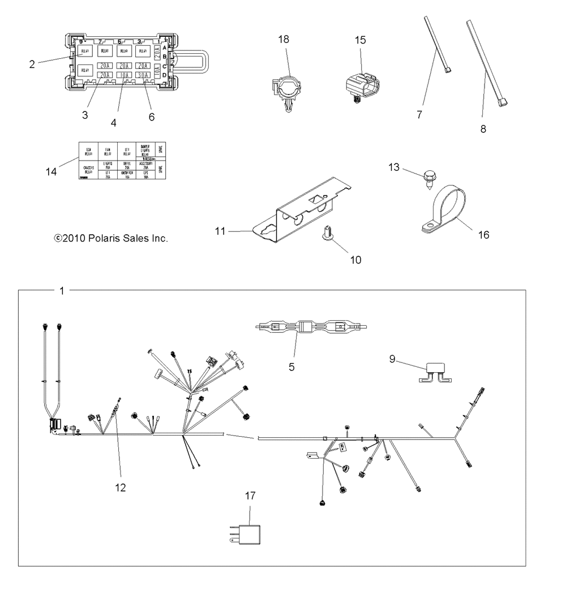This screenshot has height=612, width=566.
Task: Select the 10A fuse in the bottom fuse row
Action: coord(125,75)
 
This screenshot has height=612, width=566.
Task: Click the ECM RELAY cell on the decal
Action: coord(87,151)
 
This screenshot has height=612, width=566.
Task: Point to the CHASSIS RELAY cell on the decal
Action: coord(87,170)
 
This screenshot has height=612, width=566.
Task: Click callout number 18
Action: coord(283,39)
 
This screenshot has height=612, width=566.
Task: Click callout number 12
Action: coord(119,486)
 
